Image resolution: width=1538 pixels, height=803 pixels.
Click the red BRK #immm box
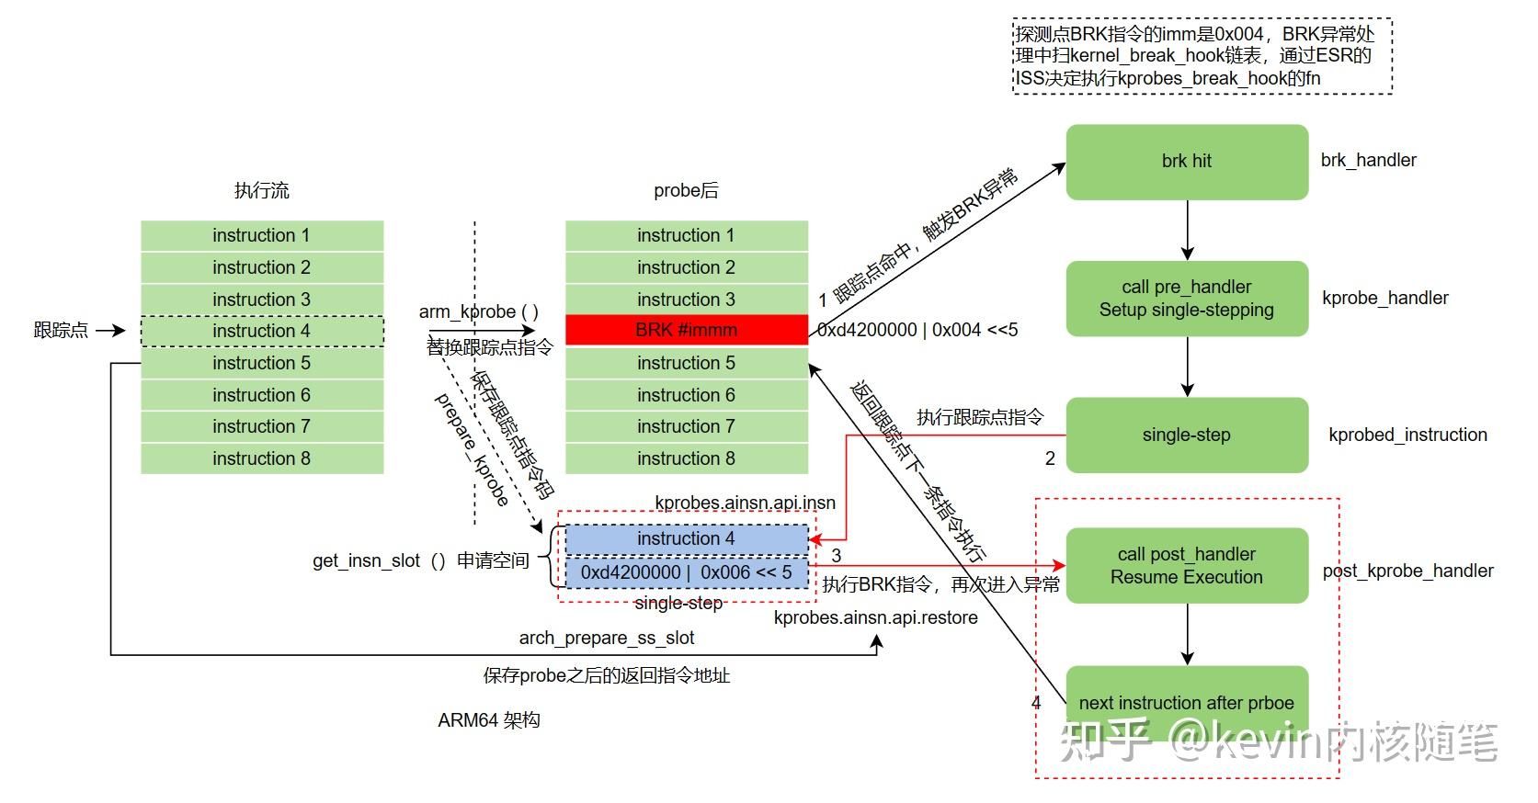[686, 330]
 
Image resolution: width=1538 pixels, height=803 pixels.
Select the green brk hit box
[1186, 162]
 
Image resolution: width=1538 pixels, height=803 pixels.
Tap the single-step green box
[1186, 435]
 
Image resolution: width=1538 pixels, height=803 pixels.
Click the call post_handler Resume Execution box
[1186, 566]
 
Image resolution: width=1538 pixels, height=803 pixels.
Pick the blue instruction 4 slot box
[686, 538]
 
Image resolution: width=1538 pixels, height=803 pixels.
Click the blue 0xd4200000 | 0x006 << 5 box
[686, 572]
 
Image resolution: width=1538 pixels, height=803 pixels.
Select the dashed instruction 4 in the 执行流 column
[262, 331]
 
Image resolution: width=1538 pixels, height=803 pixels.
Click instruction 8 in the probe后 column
[686, 458]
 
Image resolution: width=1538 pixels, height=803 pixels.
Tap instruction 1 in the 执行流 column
[262, 235]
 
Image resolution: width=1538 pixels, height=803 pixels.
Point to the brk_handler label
[1368, 160]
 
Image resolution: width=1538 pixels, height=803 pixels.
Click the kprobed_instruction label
[1407, 435]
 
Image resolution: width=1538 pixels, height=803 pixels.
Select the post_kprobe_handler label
[1407, 571]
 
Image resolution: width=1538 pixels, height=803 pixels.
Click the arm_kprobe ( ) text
[478, 311]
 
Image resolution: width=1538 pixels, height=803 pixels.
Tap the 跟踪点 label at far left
[61, 330]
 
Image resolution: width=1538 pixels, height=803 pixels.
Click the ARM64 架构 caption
[488, 720]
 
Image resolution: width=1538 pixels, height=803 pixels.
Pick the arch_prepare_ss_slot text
[606, 638]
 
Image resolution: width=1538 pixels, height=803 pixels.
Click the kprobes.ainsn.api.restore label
[875, 617]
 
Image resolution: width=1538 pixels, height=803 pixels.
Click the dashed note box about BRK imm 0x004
[1202, 56]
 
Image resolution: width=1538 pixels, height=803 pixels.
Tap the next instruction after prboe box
[1186, 703]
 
